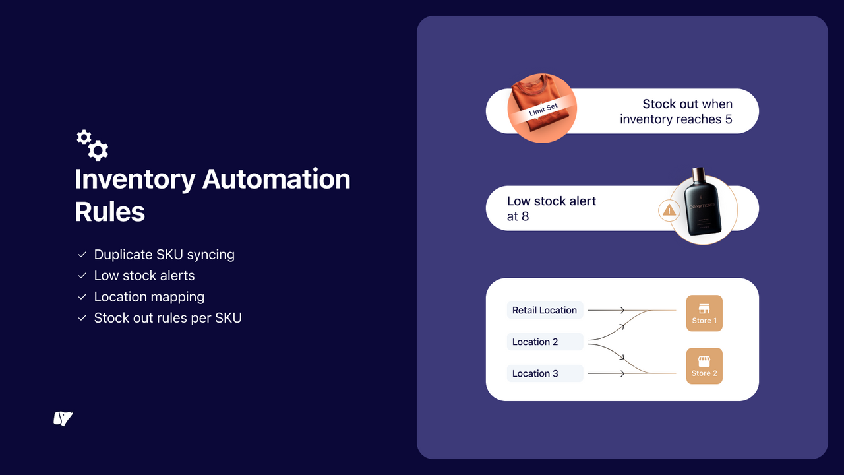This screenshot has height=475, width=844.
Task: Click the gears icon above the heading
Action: tap(92, 145)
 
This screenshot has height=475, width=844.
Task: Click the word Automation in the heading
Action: tap(276, 179)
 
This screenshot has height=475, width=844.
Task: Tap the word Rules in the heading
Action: tap(109, 212)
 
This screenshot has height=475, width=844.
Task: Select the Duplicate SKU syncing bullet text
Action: tap(164, 255)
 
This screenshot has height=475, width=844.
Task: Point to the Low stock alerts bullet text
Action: tap(144, 276)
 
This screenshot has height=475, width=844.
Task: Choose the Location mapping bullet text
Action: tap(149, 297)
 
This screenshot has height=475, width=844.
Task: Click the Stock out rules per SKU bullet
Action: tap(167, 318)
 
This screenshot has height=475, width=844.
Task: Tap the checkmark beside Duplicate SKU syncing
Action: tap(82, 255)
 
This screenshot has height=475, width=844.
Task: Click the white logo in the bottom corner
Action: tap(63, 418)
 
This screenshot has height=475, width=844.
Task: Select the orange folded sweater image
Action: tap(542, 108)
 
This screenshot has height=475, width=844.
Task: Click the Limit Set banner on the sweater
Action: tap(543, 110)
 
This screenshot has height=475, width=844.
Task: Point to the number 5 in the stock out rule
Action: tap(728, 119)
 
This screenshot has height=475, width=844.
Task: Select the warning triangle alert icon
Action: tap(669, 210)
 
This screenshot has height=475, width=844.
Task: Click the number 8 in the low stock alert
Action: tap(525, 216)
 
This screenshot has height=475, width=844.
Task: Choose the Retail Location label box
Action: tap(545, 310)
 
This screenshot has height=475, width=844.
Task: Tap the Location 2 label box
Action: tap(545, 342)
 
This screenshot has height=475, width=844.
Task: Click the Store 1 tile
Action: tap(704, 313)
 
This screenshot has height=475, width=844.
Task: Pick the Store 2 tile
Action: tap(704, 366)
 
